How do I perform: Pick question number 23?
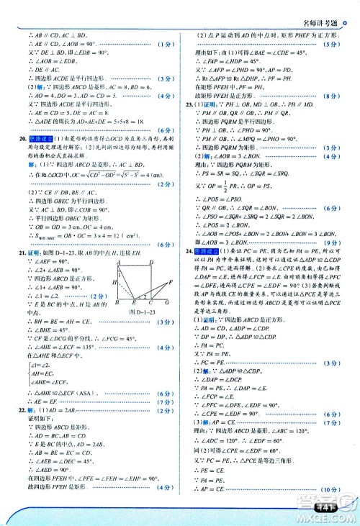187,105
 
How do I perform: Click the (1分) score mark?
164,45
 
